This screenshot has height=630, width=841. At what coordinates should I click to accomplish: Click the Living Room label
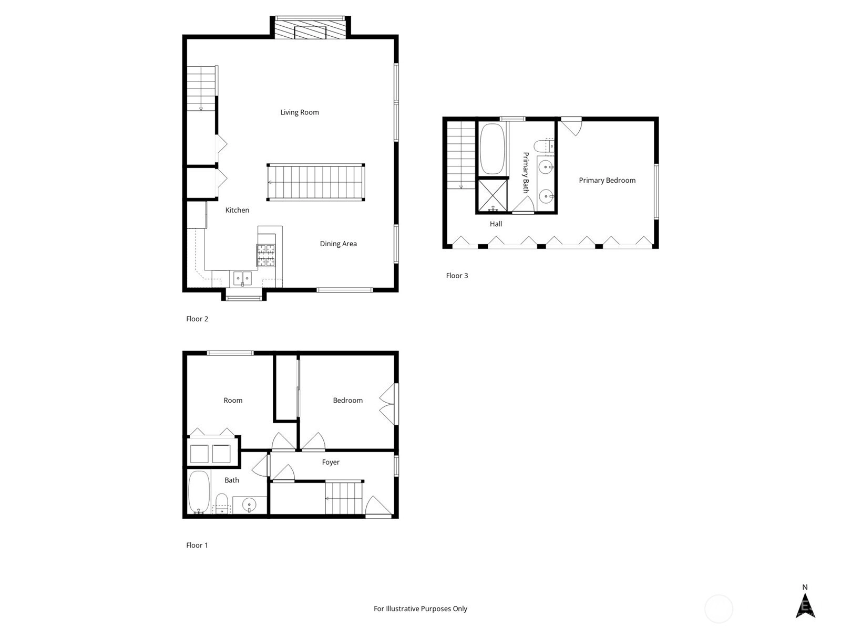click(299, 112)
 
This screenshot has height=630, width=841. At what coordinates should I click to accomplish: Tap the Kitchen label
click(237, 210)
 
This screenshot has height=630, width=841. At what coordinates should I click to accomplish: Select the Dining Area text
click(339, 244)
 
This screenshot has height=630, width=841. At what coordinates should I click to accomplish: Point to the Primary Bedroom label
click(607, 181)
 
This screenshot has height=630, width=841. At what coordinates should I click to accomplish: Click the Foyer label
click(331, 462)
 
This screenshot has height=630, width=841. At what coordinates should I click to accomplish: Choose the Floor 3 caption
click(457, 276)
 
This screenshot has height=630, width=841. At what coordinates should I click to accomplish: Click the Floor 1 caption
click(197, 545)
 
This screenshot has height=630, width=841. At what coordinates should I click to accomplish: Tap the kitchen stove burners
click(266, 256)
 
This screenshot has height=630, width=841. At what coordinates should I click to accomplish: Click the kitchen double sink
click(242, 278)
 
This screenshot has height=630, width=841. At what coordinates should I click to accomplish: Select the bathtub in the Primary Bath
click(492, 149)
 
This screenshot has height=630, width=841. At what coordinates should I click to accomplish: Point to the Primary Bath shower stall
click(493, 196)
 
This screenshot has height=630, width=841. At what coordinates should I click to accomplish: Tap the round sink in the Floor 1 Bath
click(250, 505)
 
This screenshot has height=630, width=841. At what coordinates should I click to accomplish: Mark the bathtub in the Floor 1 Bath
click(199, 492)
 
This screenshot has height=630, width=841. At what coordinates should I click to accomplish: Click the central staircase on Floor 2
click(316, 183)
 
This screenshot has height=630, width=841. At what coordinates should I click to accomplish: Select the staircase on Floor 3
click(461, 155)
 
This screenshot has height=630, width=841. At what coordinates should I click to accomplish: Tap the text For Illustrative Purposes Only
click(420, 608)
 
